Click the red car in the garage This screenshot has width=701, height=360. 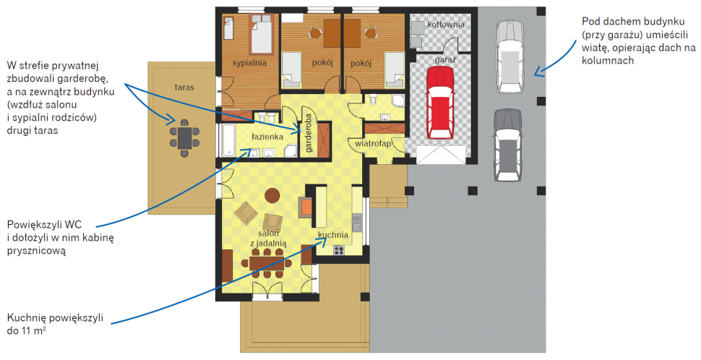point(440,103)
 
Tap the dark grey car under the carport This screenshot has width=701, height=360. point(508,145)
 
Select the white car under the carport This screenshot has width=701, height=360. point(509,57)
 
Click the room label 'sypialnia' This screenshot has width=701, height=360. point(249,63)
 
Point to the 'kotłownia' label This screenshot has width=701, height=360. point(446,25)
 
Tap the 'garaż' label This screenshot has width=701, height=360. point(445,59)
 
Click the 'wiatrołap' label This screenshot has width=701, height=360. point(373,144)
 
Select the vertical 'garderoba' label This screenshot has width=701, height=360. point(308,133)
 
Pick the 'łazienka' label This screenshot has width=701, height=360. point(267,137)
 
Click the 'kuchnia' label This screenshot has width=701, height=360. point(333,235)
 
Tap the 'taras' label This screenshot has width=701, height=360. point(184,87)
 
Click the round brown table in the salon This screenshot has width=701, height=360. point(272,195)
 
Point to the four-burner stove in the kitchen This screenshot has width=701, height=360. point(338,250)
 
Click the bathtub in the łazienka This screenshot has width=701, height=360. point(228,140)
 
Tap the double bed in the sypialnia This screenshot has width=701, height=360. point(262,35)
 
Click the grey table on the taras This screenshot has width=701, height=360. point(184,138)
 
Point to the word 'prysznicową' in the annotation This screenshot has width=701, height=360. point(36,250)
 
